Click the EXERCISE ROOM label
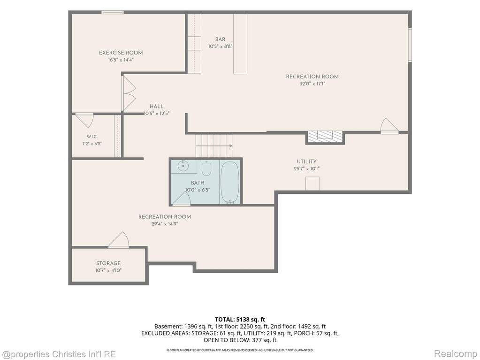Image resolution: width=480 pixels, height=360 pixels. coord(121,53)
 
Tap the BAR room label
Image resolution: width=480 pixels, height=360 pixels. coord(220,39)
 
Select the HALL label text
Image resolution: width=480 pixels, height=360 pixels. coord(156,107)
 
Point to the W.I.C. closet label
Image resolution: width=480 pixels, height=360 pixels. coord(92,137)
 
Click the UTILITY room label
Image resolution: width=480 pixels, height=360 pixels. coord(306,161)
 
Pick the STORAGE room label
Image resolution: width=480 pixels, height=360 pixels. coord(108,263)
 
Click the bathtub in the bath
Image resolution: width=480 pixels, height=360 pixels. coord(230,182)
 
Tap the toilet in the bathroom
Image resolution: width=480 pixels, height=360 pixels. coord(206,168)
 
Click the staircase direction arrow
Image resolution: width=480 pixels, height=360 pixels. coord(214,146)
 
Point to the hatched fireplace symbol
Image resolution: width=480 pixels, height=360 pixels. coord(325,136)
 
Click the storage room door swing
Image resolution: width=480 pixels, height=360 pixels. coord(119,240)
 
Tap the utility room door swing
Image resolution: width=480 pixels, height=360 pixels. coord(389,126)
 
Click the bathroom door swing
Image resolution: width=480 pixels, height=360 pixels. coord(182,199)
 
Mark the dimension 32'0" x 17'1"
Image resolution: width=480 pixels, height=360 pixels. coord(312,84)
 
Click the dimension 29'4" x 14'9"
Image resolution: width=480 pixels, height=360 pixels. coord(165,224)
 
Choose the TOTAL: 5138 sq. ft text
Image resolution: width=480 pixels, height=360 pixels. coord(240,320)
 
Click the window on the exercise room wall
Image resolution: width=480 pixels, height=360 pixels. coord(113,12)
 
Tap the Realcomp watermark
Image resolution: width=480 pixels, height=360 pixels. coord(455,354)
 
